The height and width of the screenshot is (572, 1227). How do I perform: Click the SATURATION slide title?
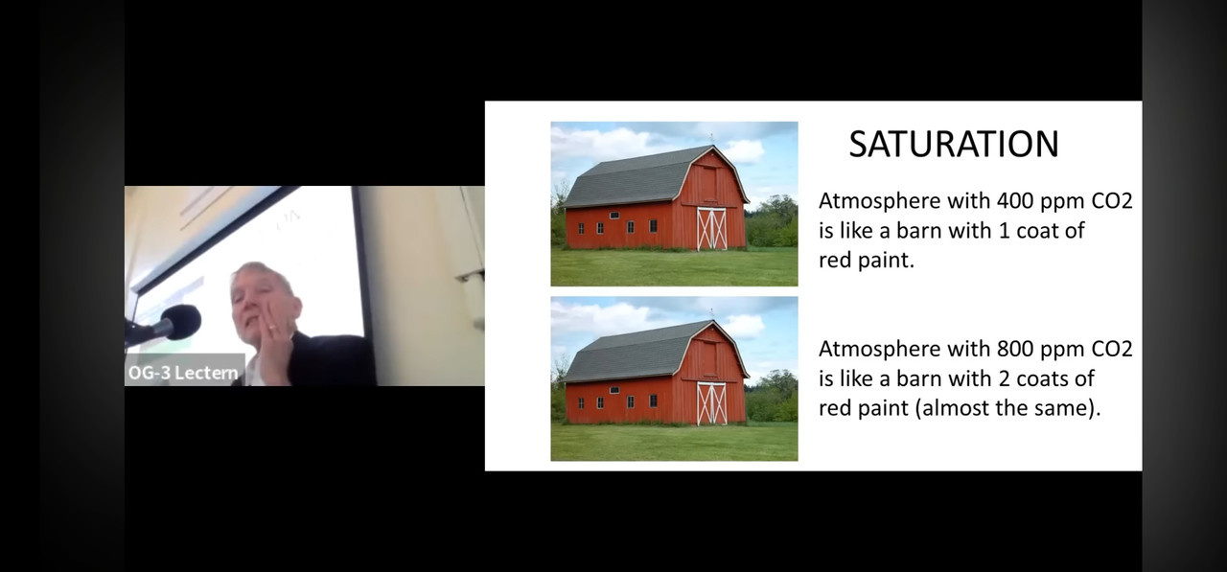[x=954, y=144]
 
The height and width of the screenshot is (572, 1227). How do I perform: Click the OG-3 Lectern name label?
[x=183, y=372]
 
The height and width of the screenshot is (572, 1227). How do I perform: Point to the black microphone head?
[x=182, y=322]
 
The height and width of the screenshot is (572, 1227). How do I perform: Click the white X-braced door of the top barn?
[x=711, y=229]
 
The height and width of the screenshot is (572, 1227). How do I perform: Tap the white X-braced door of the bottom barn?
[x=711, y=403]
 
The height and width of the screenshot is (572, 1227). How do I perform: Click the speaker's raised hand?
[x=272, y=342]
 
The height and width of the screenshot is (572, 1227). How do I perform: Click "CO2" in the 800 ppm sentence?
[x=1112, y=349]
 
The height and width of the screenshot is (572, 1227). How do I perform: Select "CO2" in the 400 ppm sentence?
[x=1112, y=201]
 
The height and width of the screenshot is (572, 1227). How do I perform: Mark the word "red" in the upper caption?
[x=835, y=261]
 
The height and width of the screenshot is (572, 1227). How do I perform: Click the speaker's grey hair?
[x=263, y=273]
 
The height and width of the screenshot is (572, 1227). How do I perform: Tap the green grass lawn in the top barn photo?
[x=674, y=267]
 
